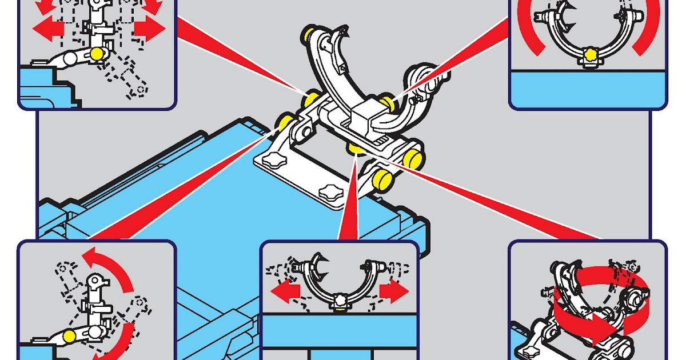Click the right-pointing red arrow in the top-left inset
(149, 28)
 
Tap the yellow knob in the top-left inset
(98, 53)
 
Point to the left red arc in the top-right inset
(528, 31)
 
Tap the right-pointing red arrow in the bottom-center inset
(394, 291)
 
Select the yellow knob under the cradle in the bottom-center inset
(340, 309)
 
